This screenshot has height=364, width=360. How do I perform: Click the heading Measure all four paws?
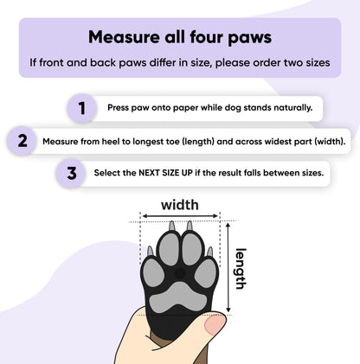[180, 37]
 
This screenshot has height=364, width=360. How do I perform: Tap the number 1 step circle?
[82, 108]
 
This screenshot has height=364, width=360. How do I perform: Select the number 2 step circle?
[22, 140]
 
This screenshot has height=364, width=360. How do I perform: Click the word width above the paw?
[180, 205]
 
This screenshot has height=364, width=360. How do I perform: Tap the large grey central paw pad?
[178, 291]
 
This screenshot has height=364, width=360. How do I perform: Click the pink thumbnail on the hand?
[214, 324]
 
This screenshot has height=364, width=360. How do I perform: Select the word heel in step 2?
[114, 141]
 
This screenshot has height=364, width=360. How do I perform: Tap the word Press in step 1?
[121, 109]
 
